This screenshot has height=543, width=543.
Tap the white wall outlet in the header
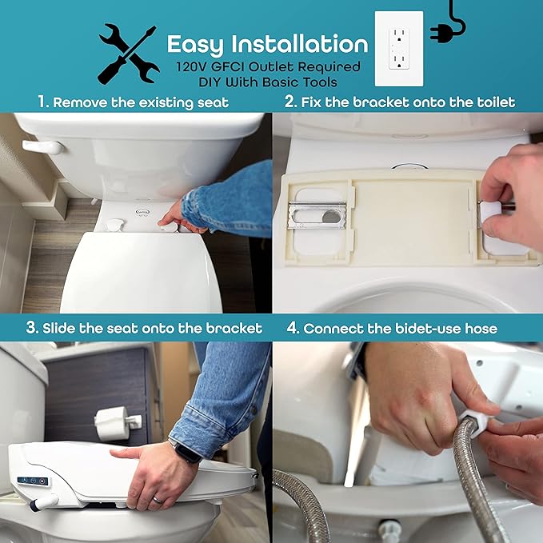pyautogui.click(x=398, y=50)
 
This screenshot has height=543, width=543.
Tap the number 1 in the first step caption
pyautogui.click(x=43, y=102)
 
